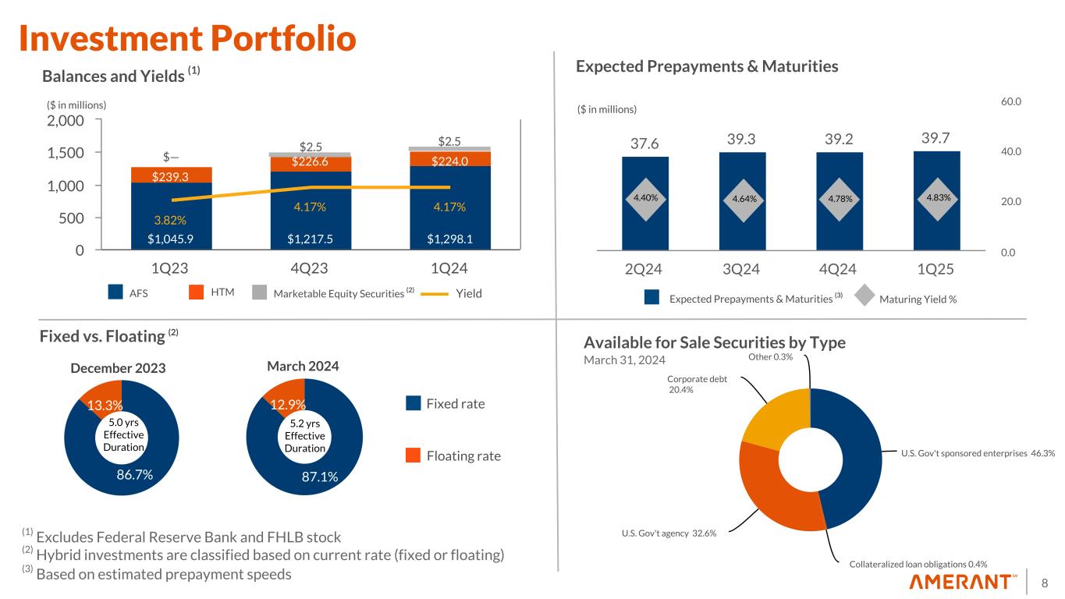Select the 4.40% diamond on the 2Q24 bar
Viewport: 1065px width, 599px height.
pos(645,197)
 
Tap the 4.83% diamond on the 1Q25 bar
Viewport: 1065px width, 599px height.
pos(936,197)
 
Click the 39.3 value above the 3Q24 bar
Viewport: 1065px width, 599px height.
pos(742,139)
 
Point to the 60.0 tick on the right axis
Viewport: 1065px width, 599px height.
pos(1013,101)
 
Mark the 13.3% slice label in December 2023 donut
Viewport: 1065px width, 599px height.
pos(104,405)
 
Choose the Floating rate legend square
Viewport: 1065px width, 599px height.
pos(414,455)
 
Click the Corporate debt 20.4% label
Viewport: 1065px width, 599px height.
pos(697,384)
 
